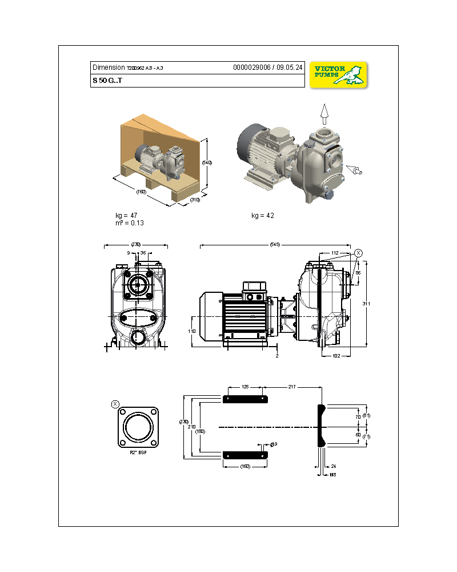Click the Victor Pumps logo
pos(339,74)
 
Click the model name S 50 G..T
pos(107,81)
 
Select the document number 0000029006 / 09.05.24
pos(267,67)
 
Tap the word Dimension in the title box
pos(108,67)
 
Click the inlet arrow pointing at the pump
pos(355,170)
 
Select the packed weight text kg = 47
pos(126,216)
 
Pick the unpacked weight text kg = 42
pos(262,216)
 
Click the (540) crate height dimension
pos(207,162)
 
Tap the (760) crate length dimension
pos(141,192)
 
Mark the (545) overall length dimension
pos(275,245)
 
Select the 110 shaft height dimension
pos(193,331)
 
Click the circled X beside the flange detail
pos(115,404)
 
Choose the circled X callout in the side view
pos(358,253)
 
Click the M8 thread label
pos(332,474)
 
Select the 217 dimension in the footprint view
pos(291,387)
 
